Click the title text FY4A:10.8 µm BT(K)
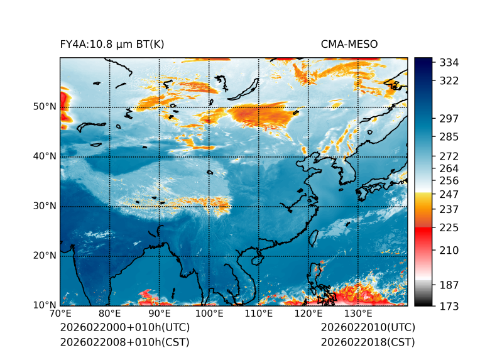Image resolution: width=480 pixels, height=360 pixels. (x=112, y=44)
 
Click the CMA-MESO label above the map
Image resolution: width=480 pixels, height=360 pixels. (x=349, y=44)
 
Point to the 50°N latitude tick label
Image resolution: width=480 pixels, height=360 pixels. (x=44, y=107)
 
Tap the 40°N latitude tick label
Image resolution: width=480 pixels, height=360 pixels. (x=44, y=156)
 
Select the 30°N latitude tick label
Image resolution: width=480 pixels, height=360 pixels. (x=44, y=206)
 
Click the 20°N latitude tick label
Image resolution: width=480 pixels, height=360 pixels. (x=44, y=256)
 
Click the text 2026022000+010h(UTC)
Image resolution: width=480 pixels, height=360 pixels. (x=124, y=328)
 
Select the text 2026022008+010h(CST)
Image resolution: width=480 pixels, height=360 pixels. (x=124, y=342)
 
